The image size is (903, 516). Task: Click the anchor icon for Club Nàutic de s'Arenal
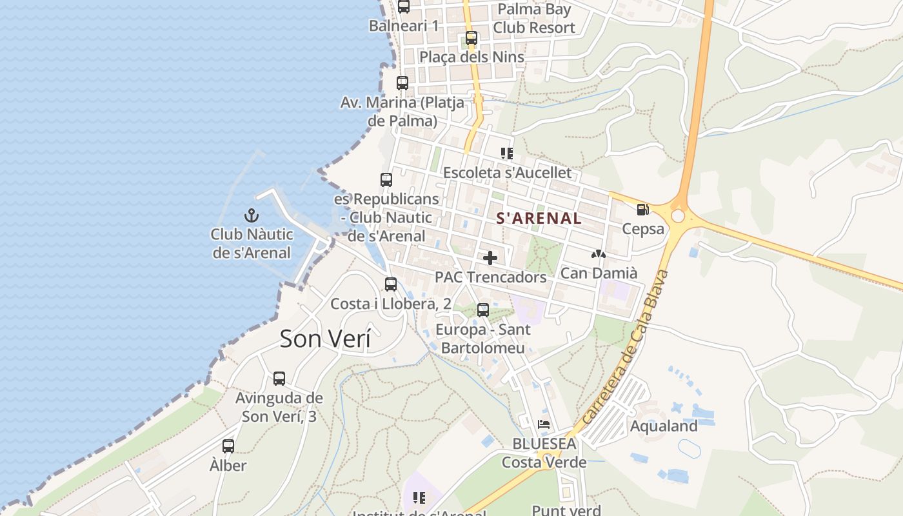click(x=251, y=215)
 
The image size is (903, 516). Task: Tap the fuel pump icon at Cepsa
click(x=642, y=210)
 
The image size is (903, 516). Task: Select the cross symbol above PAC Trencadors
click(x=490, y=258)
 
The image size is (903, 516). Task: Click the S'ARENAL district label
click(x=539, y=219)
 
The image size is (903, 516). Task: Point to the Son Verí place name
click(x=325, y=339)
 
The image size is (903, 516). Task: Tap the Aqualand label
click(x=664, y=426)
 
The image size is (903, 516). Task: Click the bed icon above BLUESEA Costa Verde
click(x=544, y=424)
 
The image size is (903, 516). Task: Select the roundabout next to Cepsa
click(x=678, y=215)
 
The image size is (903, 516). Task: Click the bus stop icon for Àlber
click(x=228, y=446)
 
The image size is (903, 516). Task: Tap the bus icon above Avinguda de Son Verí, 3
click(x=279, y=379)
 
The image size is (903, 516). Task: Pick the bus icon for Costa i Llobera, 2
click(x=391, y=284)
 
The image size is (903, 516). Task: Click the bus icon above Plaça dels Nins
click(x=471, y=38)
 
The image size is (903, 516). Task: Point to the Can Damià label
click(x=599, y=273)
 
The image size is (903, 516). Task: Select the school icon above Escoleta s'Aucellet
click(x=507, y=154)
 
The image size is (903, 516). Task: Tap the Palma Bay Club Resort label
click(x=534, y=19)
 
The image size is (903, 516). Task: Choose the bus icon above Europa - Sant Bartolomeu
click(x=483, y=310)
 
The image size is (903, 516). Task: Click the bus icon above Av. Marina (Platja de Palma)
click(x=402, y=83)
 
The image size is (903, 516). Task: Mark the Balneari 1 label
click(x=404, y=26)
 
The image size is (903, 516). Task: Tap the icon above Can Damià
click(x=599, y=254)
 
